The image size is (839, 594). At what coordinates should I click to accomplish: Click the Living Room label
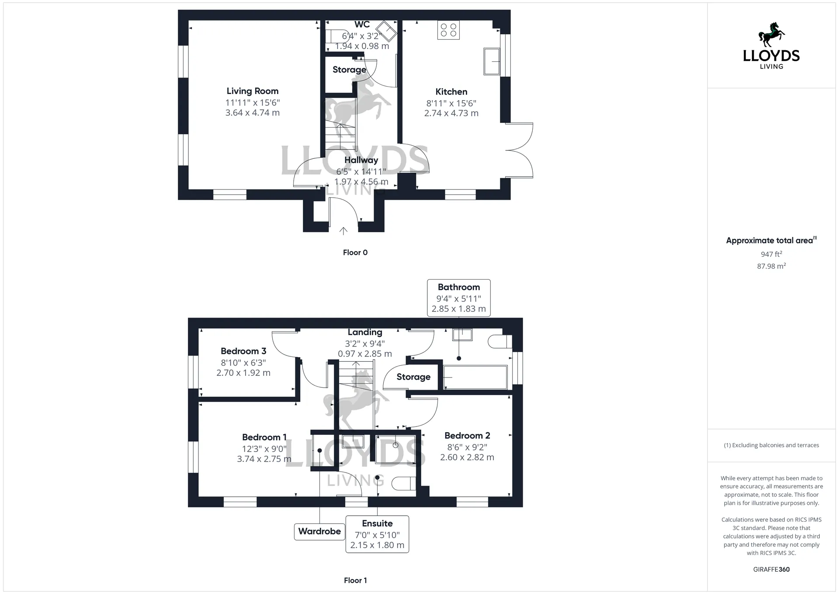coord(252,91)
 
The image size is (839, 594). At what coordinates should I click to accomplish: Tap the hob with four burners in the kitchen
coord(448,30)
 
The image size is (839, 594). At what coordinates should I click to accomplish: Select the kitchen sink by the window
coord(492,61)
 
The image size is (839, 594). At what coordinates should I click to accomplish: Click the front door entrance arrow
coord(343,231)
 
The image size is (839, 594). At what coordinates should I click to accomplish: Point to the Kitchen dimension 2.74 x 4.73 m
coord(451,113)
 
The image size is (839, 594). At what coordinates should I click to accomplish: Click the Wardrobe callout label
coord(319,531)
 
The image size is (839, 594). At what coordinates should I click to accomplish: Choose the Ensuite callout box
coord(377,534)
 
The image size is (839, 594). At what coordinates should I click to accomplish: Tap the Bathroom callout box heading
coord(459,287)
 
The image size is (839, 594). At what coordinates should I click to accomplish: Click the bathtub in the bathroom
coord(475,377)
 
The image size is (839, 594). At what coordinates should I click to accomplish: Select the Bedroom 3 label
coord(243,351)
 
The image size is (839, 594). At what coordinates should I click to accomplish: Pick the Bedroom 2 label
coord(467,436)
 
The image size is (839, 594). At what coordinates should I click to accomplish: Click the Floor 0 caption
coord(355,252)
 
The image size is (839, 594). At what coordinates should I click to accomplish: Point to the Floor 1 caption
coord(355,580)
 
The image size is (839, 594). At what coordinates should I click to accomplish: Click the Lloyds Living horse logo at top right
coord(771,35)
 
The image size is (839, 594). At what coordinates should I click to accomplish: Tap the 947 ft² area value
coord(771,254)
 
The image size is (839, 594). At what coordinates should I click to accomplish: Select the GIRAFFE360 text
coord(771,570)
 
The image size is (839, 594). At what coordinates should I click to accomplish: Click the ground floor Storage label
coord(349,70)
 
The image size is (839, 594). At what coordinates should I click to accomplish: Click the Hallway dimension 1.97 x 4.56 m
coord(361,182)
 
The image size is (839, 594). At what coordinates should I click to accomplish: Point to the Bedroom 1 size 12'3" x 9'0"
coord(264,449)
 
